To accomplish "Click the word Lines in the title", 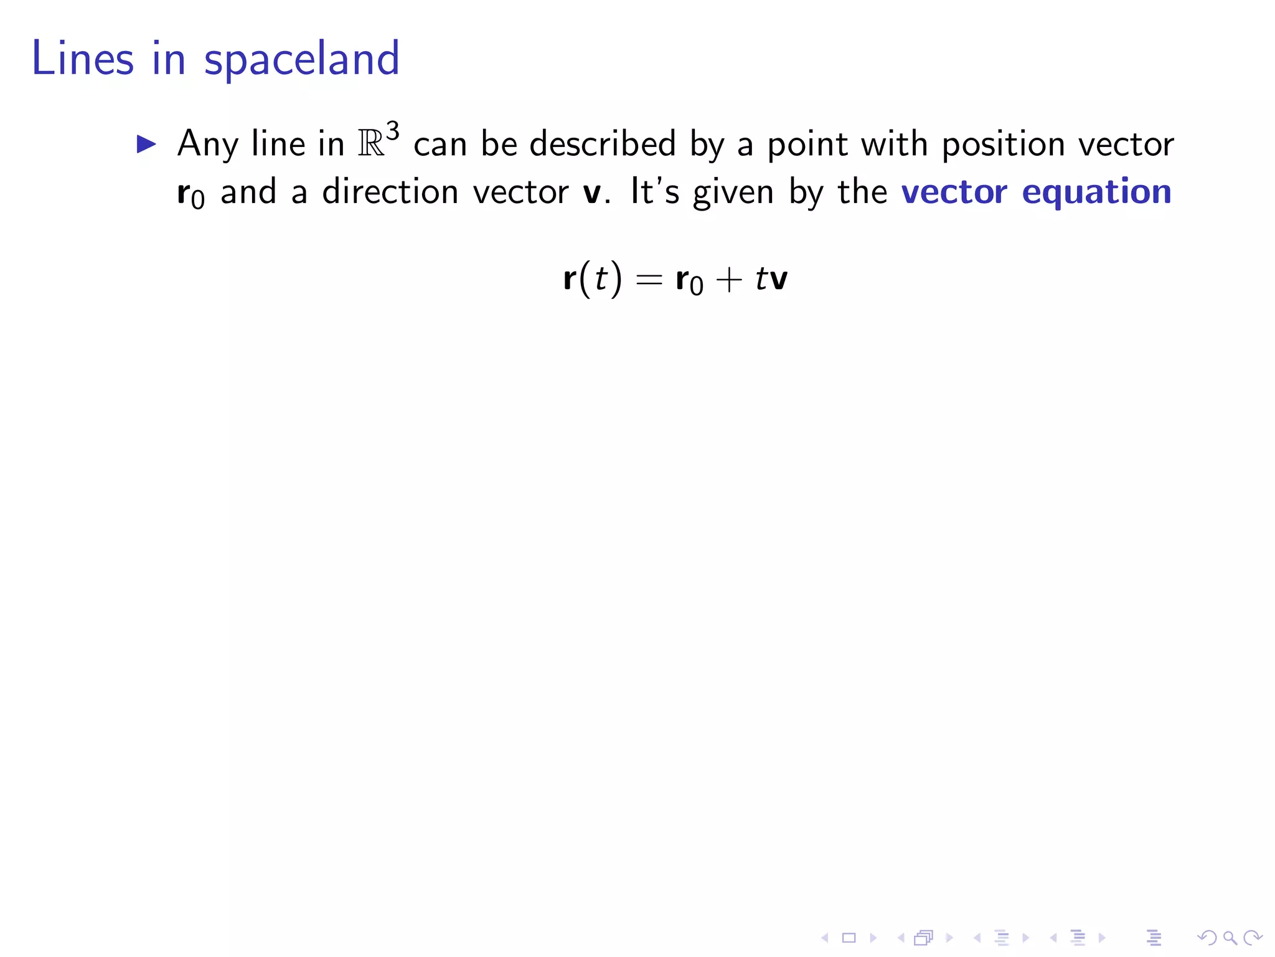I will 82,59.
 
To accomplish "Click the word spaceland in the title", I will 301,60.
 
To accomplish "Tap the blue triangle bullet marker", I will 146,145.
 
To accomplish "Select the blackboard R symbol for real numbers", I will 371,145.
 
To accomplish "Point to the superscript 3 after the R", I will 392,131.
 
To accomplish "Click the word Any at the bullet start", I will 207,145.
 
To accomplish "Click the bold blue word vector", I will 954,193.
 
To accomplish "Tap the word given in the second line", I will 733,193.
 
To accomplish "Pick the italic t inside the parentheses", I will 600,279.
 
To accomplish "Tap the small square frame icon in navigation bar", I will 849,937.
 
